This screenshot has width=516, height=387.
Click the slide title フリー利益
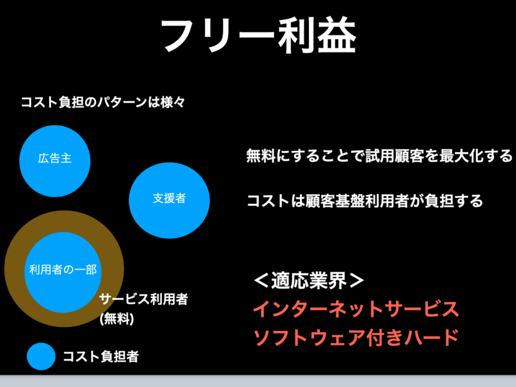[x=259, y=35]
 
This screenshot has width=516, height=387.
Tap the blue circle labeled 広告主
[x=55, y=161]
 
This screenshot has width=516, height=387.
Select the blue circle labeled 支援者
[x=169, y=200]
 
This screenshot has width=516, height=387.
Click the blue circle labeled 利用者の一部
[x=63, y=272]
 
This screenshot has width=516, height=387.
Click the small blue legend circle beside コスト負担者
[x=41, y=357]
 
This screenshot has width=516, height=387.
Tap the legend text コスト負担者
[x=101, y=357]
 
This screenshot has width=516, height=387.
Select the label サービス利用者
[x=144, y=299]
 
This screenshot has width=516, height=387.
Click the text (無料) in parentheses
[x=117, y=319]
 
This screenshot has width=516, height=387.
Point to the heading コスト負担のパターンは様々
[x=103, y=103]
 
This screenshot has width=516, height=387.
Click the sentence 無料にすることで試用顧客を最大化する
[x=379, y=155]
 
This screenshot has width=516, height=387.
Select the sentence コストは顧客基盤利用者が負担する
[x=365, y=201]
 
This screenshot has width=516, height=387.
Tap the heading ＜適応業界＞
[x=309, y=281]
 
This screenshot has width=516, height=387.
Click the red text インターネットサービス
[x=356, y=309]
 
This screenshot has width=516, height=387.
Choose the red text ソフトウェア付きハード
[x=356, y=337]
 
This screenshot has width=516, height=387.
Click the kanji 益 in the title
[x=337, y=35]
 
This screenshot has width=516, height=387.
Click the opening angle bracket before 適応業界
[x=262, y=281]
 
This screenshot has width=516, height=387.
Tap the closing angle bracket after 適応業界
[x=357, y=281]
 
